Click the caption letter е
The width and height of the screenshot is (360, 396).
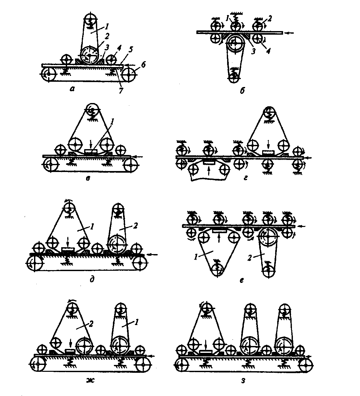(242, 280)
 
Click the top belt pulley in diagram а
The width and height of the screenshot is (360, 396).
(90, 18)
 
